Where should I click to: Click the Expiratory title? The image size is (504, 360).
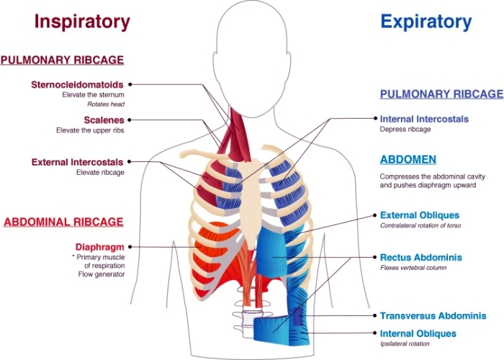[426, 22]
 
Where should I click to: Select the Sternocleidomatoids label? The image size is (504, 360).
[77, 84]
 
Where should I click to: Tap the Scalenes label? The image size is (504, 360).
[103, 120]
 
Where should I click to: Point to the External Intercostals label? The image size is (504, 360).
[77, 162]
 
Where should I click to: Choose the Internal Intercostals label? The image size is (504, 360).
[424, 119]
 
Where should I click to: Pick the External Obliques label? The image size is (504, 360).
[419, 215]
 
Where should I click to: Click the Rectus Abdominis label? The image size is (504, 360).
[420, 257]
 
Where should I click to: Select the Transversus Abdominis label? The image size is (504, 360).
[433, 315]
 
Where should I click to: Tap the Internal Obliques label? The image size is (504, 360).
[418, 333]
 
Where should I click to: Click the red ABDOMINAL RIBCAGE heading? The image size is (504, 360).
[63, 222]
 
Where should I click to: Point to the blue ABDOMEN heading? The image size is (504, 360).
[408, 159]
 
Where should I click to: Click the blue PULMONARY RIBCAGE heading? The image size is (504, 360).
[441, 94]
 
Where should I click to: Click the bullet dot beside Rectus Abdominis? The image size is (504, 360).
[374, 257]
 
